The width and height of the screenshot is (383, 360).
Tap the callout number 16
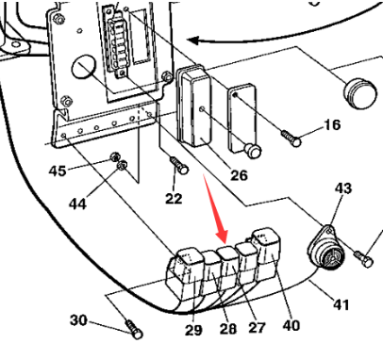point(331,124)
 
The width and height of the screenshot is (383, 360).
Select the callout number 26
point(239,175)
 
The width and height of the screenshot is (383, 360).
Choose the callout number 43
point(342,188)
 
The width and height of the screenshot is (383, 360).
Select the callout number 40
point(291,324)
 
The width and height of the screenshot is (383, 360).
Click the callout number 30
point(79,320)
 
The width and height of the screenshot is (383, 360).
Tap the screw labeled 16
point(291,139)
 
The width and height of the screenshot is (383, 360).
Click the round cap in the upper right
point(358,91)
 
